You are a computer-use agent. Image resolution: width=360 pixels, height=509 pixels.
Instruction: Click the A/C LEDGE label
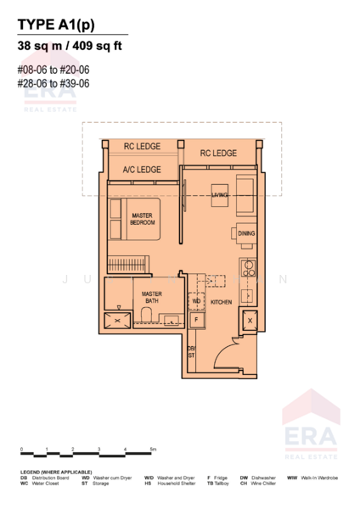coord(142,170)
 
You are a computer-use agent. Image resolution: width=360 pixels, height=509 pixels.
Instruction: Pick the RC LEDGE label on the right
coord(218,154)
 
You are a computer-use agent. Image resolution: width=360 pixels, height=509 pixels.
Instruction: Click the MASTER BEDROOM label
coord(143,220)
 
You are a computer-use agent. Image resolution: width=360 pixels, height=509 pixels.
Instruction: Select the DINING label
coord(246,233)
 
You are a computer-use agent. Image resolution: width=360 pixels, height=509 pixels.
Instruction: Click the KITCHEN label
coord(221,301)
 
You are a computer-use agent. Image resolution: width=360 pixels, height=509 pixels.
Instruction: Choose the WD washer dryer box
coord(196,300)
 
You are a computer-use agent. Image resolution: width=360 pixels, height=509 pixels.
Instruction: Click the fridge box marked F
coord(196,321)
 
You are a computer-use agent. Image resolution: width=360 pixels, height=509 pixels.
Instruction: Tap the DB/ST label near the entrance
coord(192,354)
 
